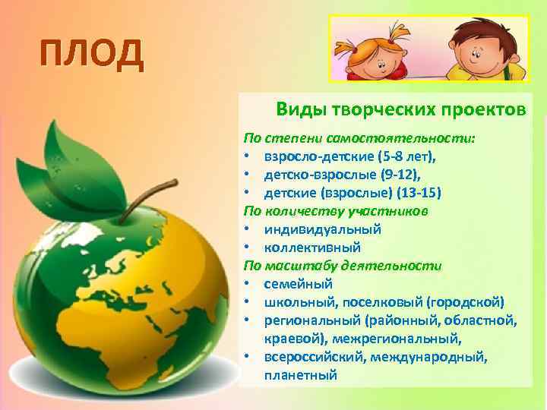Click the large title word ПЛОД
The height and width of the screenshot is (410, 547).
pyautogui.click(x=90, y=55)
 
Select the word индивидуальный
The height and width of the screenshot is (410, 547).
pyautogui.click(x=323, y=229)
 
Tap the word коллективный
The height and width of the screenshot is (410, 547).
pyautogui.click(x=312, y=247)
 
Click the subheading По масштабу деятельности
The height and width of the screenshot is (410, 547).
pyautogui.click(x=341, y=265)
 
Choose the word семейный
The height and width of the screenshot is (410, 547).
pyautogui.click(x=299, y=283)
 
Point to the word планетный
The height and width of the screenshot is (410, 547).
pyautogui.click(x=300, y=374)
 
